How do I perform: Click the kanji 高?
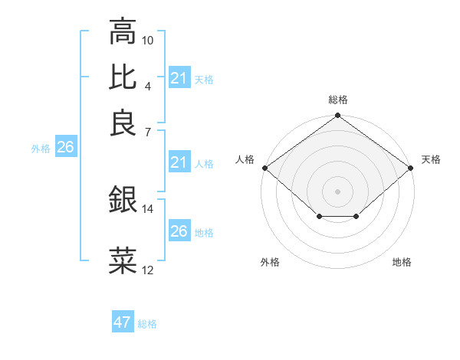[123, 34]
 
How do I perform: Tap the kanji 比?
[123, 77]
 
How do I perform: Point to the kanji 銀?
[123, 200]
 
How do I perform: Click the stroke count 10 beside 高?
[148, 40]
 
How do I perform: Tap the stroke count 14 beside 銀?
[148, 208]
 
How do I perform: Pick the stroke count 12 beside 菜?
[148, 270]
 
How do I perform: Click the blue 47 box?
[123, 322]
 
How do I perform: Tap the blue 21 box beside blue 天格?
[179, 78]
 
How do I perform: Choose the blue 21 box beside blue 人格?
[179, 162]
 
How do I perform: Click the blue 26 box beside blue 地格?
[179, 231]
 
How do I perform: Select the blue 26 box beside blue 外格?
[65, 148]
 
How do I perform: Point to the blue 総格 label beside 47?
[147, 324]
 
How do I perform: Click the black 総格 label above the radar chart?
[338, 100]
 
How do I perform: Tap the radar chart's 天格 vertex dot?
[411, 168]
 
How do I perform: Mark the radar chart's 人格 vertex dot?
[264, 168]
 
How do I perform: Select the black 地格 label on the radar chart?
[402, 263]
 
